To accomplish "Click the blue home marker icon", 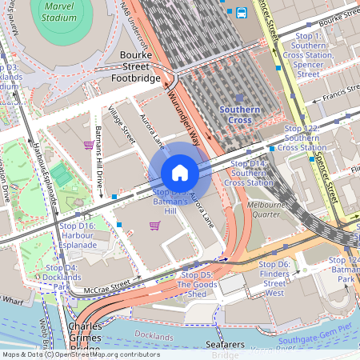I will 180,173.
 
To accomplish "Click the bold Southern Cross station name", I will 240,114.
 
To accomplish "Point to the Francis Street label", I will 337,102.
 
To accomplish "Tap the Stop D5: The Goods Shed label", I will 196,284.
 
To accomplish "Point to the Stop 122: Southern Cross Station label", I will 302,138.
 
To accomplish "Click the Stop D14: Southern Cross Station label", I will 248,172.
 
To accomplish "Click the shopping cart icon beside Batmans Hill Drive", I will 89,145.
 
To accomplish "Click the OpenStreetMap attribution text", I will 80,354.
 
